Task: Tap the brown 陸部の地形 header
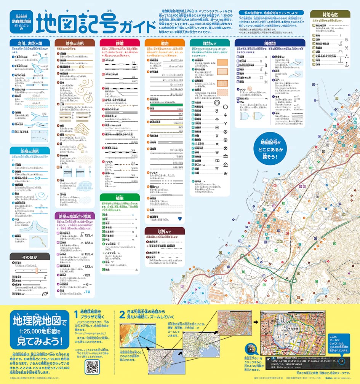pos(75,43)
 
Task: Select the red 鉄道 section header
pos(120,43)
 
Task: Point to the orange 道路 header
pos(165,43)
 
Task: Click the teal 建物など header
pos(210,43)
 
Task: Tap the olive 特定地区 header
pos(330,14)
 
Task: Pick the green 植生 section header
pos(120,198)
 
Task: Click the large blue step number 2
pos(122,314)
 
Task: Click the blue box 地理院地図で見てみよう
pos(40,330)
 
